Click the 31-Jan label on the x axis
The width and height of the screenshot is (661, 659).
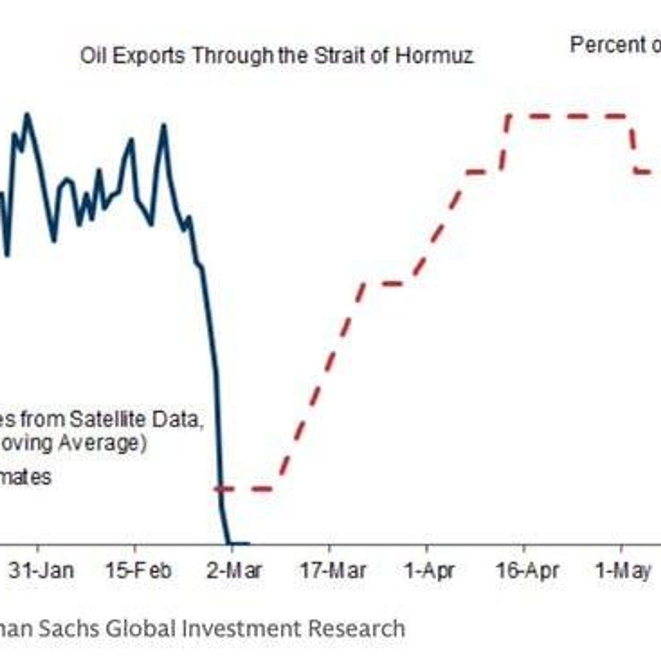[41, 571]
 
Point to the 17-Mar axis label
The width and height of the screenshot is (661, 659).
[333, 571]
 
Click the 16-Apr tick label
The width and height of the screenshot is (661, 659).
[527, 571]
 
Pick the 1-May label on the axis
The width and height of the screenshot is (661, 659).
[623, 571]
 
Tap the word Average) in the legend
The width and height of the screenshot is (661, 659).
[102, 443]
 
